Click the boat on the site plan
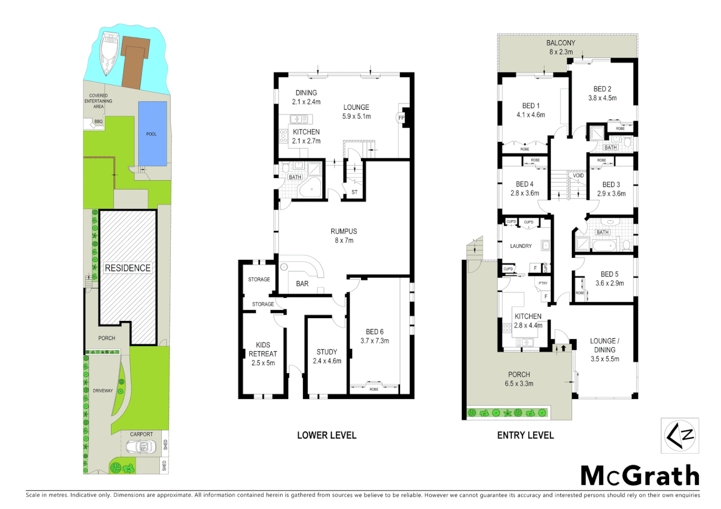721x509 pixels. [x=109, y=53]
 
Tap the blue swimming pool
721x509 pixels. [x=152, y=133]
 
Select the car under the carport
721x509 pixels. [x=141, y=446]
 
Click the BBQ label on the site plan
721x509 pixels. [x=98, y=122]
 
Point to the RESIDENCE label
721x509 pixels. [x=127, y=268]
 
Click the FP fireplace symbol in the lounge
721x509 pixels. [x=402, y=117]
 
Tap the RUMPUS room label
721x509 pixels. [x=344, y=231]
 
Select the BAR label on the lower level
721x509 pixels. [x=302, y=284]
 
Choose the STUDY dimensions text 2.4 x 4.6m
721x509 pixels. [x=327, y=361]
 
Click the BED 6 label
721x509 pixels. [x=375, y=332]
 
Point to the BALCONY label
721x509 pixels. [x=561, y=43]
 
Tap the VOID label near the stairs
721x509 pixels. [x=578, y=175]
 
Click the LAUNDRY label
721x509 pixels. [x=520, y=246]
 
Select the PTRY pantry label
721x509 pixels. [x=543, y=283]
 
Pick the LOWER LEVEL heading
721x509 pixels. [x=327, y=435]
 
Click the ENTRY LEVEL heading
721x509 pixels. [x=525, y=435]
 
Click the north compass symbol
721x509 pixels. [x=679, y=435]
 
